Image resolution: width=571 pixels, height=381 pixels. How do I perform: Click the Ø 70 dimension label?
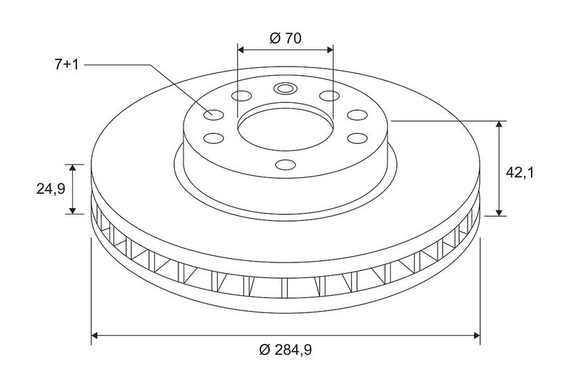pos(285,38)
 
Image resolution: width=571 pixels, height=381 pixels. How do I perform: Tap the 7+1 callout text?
pos(66,65)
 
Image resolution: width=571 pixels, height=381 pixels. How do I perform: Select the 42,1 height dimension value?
pos(520,172)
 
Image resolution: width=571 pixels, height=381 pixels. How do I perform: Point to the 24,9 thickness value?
pos(51,189)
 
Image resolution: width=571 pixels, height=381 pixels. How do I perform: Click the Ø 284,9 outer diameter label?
pos(285,350)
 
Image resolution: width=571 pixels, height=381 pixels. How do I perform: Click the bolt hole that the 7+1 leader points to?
pos(213,115)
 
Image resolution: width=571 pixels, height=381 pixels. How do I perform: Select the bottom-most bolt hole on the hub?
pos(285,165)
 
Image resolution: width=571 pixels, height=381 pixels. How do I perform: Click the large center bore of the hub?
pos(285,129)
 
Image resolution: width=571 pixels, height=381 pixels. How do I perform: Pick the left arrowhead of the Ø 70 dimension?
pos(241,49)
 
